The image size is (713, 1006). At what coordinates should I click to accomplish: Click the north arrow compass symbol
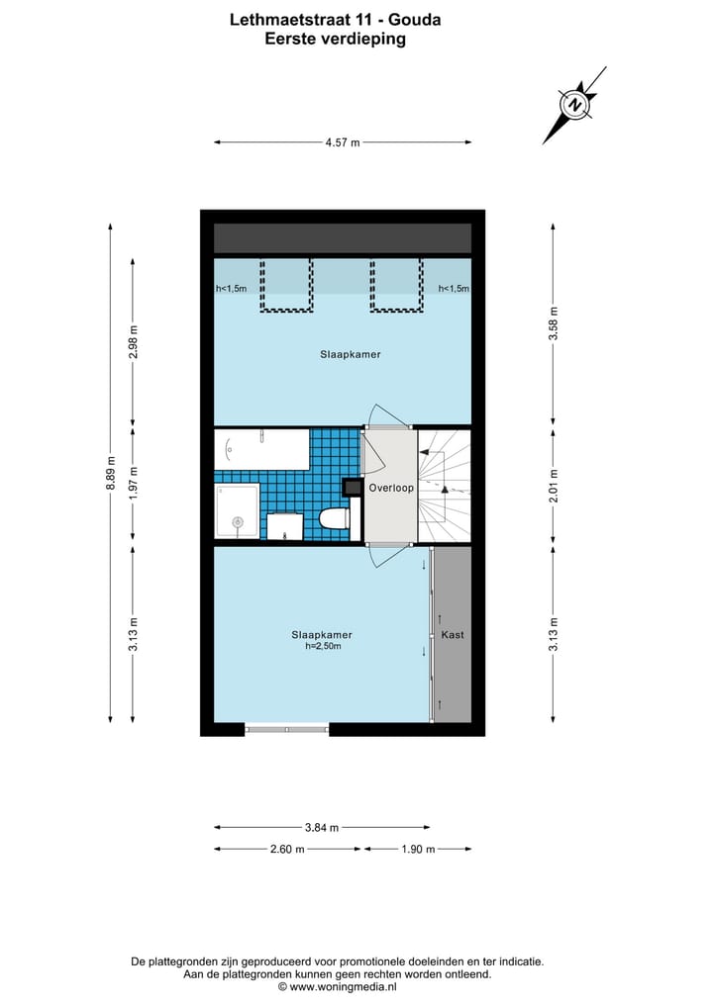tap(574, 104)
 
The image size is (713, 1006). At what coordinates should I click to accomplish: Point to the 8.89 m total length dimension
tap(111, 473)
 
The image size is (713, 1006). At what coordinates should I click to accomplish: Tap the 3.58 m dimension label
tap(554, 327)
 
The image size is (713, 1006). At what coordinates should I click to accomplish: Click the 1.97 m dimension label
tap(134, 486)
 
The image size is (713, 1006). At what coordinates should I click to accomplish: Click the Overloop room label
tap(390, 488)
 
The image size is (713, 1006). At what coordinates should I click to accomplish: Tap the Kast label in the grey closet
tap(453, 634)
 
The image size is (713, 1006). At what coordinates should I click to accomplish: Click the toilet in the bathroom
tap(335, 517)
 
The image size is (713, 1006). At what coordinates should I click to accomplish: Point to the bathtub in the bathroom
tap(261, 450)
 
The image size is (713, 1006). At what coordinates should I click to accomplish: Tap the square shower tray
tap(237, 512)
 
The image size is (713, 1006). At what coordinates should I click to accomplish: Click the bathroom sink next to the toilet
tap(285, 526)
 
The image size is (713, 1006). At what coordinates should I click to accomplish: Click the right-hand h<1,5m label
tap(454, 289)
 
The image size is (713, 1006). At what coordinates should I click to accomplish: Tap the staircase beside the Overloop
tap(444, 486)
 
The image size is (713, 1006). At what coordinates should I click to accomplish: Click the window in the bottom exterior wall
tap(286, 730)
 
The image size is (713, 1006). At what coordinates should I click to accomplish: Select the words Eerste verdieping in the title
tap(335, 40)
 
